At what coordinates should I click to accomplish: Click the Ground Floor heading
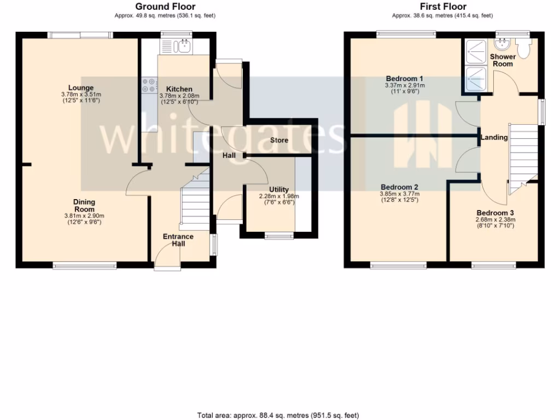click(x=165, y=7)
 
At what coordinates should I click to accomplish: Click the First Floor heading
click(x=443, y=7)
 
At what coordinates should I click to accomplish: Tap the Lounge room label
click(x=81, y=87)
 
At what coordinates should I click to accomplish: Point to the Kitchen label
click(x=179, y=89)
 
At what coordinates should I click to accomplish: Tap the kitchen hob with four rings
click(x=148, y=85)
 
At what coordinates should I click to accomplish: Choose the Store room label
click(x=279, y=141)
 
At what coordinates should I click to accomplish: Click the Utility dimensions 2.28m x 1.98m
click(x=278, y=196)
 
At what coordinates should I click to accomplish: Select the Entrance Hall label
click(x=178, y=240)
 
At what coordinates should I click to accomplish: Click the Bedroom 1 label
click(x=404, y=79)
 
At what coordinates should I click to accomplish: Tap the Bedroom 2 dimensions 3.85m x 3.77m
click(x=399, y=193)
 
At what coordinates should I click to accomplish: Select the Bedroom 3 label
click(x=495, y=213)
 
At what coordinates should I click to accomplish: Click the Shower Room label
click(x=503, y=60)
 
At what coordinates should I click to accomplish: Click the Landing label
click(x=494, y=137)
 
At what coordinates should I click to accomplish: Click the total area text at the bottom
click(x=279, y=416)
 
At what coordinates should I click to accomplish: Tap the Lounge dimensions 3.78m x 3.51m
click(x=81, y=94)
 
